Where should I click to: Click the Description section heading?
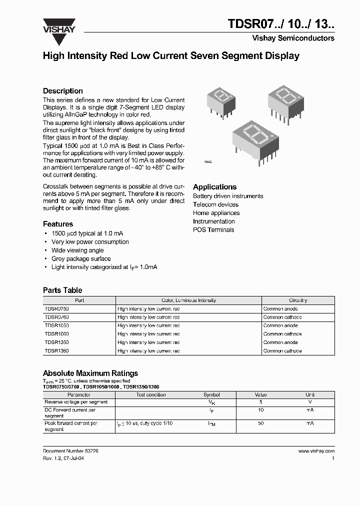pos(62,91)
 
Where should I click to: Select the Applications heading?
pos(214,187)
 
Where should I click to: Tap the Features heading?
pos(58,224)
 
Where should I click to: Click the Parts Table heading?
pos(62,290)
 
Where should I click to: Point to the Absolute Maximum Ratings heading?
pos(90,373)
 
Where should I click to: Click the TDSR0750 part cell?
pos(56,309)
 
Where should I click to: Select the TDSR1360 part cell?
pos(56,351)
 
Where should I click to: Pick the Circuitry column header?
pos(297,300)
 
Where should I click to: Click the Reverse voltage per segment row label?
pos(76,402)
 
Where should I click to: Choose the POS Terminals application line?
pos(213,230)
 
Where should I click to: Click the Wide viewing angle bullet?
pos(77,250)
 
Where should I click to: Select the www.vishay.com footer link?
pos(316,450)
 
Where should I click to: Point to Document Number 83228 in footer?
pos(70,450)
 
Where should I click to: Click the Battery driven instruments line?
pos(228,196)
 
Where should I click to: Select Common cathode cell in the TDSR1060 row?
pos(282,334)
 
